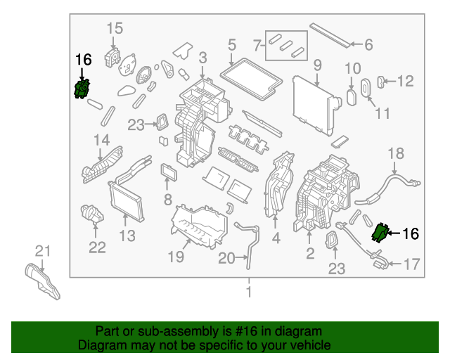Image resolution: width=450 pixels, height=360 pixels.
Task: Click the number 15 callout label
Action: pos(115,28)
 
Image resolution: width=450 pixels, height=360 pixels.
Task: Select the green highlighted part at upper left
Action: pos(83,89)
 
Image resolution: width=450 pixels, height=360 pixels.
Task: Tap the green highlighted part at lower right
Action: pos(381,233)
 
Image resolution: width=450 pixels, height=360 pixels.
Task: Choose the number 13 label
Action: pos(127,235)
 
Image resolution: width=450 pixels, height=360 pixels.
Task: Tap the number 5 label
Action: pos(231,46)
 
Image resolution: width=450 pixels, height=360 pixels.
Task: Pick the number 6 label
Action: pos(368,44)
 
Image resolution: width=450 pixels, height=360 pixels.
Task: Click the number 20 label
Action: pos(226,259)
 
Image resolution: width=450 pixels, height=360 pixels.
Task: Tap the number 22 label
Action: pos(96,247)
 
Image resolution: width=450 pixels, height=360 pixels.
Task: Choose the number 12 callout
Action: pos(406,82)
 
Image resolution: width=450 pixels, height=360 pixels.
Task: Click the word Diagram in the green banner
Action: pos(99,345)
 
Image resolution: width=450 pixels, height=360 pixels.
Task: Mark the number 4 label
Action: pos(276,239)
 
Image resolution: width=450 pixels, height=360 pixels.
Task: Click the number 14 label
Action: pos(102,139)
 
